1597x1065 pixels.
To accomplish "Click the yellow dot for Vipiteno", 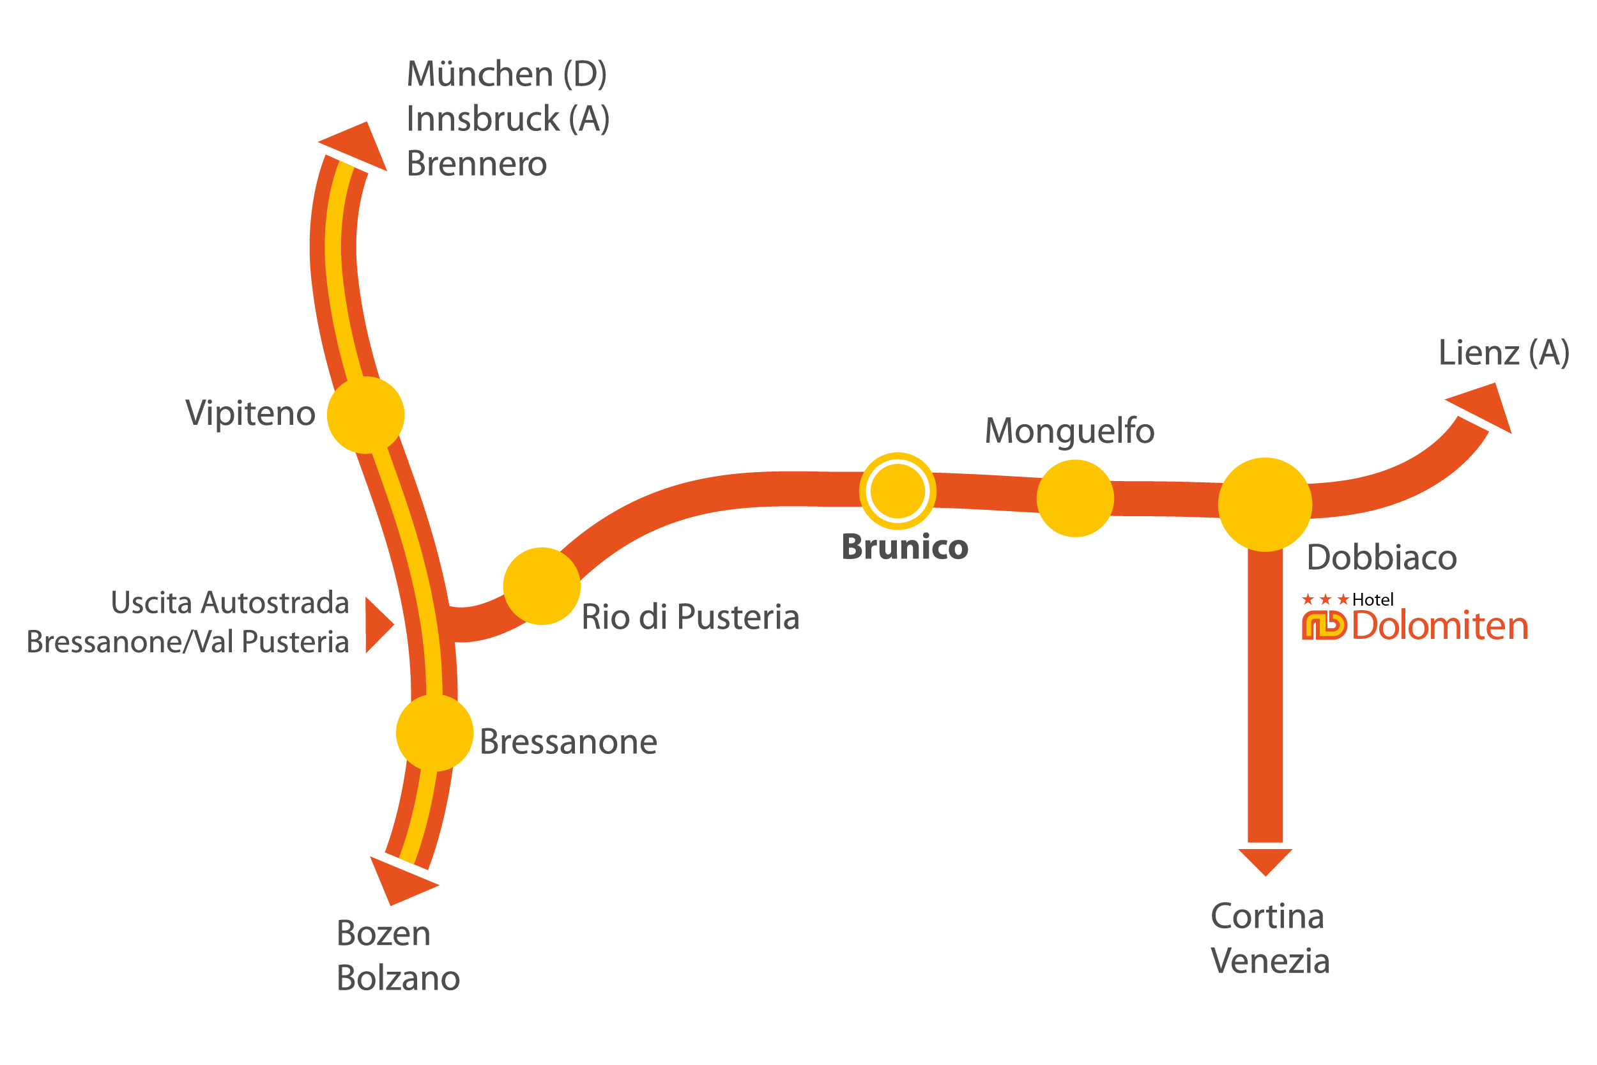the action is [x=366, y=415].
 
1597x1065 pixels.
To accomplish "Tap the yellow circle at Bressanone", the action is [x=434, y=733].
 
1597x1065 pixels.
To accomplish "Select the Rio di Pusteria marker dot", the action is [x=542, y=586].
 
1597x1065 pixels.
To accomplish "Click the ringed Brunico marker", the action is [x=898, y=491].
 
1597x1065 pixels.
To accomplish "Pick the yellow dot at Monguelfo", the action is [x=1076, y=498].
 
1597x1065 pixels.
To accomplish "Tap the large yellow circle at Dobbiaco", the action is [x=1265, y=505].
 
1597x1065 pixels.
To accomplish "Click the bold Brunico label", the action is [x=905, y=548].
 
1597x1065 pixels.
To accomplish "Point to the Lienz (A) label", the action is [x=1504, y=353].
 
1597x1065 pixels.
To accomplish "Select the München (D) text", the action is [x=507, y=74].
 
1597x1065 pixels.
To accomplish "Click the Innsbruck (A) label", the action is [x=508, y=119].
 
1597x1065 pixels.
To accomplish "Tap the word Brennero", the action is [x=477, y=164].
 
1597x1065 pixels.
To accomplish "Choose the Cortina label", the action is [x=1267, y=916].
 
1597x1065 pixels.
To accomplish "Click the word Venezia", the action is [x=1270, y=961].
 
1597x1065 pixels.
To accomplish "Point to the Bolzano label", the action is [x=399, y=978].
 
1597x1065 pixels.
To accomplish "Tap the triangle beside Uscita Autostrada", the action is [x=378, y=625].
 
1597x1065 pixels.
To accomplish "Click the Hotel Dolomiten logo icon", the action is [x=1324, y=625].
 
